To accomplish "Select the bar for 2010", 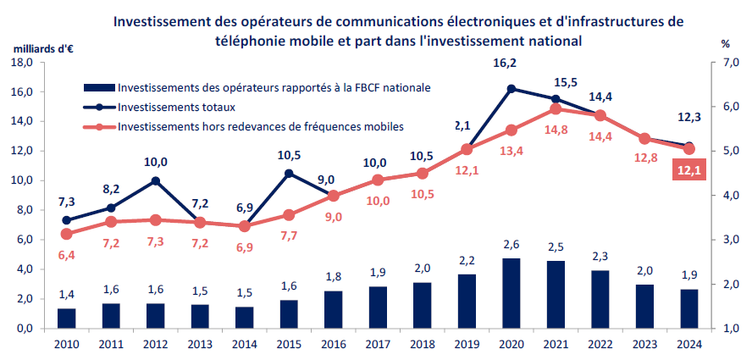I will pyautogui.click(x=66, y=318).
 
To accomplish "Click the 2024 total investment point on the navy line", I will pyautogui.click(x=688, y=147).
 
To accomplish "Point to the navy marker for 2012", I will pyautogui.click(x=156, y=180).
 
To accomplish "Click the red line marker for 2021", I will pyautogui.click(x=556, y=108).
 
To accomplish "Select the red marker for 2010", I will pyautogui.click(x=66, y=234).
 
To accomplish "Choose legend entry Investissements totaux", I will pyautogui.click(x=177, y=107).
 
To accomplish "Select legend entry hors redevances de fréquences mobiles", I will pyautogui.click(x=261, y=126).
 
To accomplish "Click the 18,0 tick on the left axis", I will pyautogui.click(x=21, y=62).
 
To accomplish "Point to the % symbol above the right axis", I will pyautogui.click(x=725, y=43).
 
